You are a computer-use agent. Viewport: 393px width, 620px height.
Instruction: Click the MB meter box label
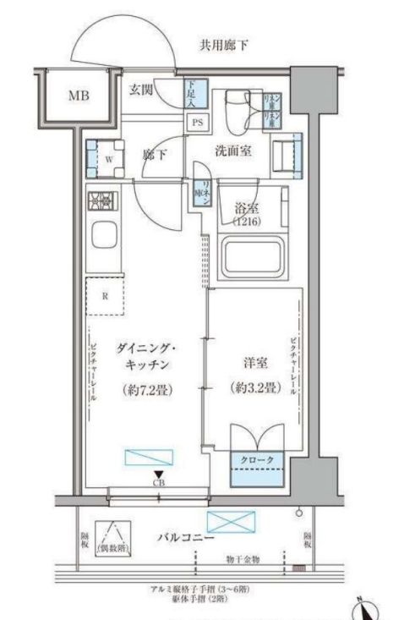(79, 96)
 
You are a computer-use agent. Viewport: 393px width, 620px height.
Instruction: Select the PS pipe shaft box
(196, 121)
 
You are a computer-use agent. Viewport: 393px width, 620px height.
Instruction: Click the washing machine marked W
(106, 156)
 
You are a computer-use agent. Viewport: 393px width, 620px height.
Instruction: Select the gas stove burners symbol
(102, 201)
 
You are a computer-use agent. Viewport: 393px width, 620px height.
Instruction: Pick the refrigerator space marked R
(105, 296)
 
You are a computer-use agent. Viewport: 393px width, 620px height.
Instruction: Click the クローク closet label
(259, 459)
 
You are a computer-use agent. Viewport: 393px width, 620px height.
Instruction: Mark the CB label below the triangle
(158, 483)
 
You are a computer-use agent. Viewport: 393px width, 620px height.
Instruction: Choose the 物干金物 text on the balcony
(243, 560)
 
